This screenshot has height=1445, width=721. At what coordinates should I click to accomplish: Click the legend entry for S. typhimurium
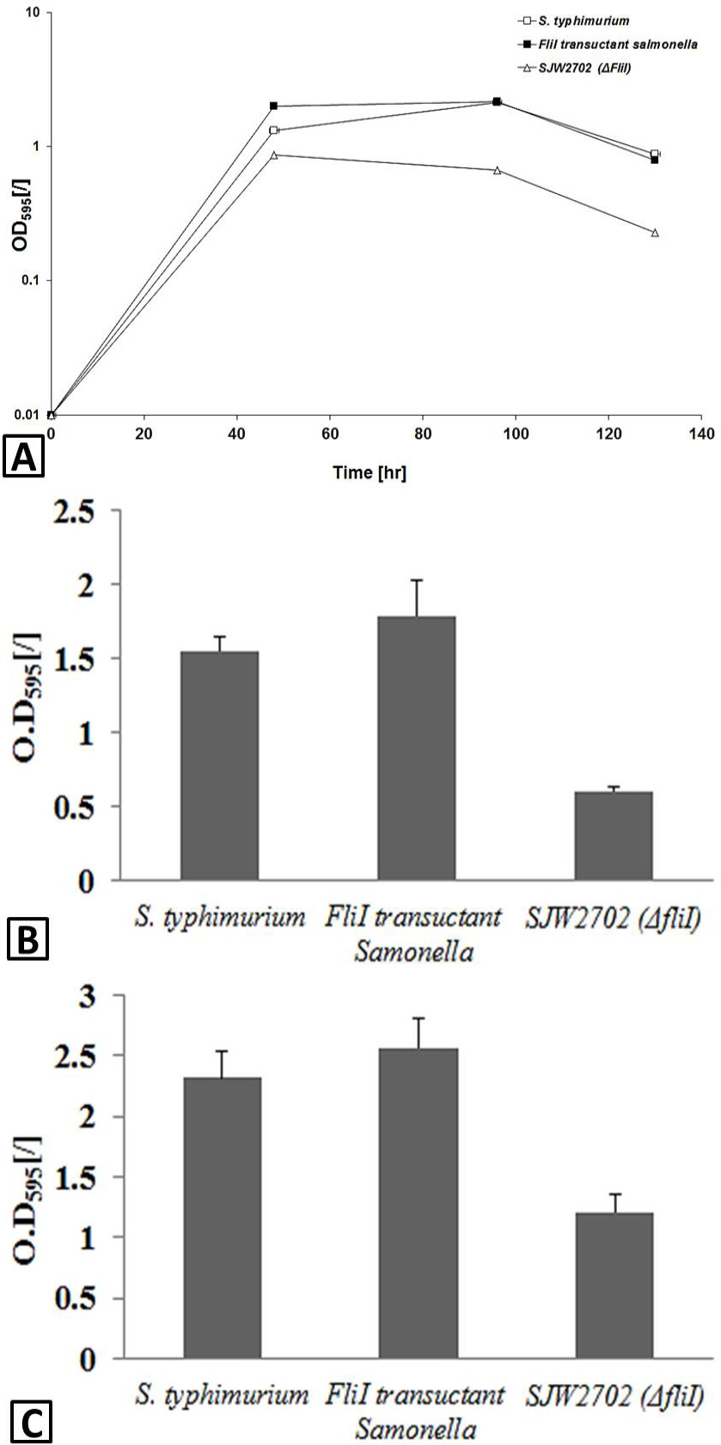(572, 21)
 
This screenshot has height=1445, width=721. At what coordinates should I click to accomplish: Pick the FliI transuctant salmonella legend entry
(607, 45)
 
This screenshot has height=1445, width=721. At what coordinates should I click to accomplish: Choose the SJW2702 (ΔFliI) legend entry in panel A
(573, 68)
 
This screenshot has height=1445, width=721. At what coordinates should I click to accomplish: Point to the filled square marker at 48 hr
(273, 106)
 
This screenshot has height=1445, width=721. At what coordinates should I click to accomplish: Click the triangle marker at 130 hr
(655, 232)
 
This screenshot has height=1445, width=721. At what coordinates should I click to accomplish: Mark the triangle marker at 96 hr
(497, 170)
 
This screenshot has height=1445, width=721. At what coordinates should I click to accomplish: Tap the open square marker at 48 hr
(273, 131)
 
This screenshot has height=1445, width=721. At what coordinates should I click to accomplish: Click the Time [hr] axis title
(370, 473)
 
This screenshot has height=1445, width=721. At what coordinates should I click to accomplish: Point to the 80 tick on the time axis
(423, 434)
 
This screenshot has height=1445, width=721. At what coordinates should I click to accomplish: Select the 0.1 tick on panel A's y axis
(30, 281)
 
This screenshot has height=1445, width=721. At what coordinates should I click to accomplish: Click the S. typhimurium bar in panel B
(219, 766)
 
